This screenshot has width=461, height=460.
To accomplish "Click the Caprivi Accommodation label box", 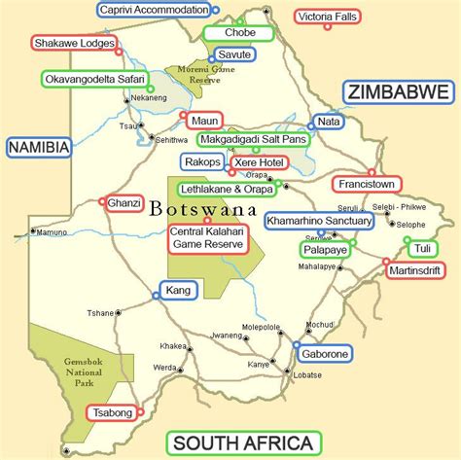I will pos(155,11).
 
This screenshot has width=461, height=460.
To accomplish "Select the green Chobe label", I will pos(238,33).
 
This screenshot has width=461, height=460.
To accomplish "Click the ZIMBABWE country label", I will pos(398,93).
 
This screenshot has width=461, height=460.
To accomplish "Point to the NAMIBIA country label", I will pos(39,147).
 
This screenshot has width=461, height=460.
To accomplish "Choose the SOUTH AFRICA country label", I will pos(242,443).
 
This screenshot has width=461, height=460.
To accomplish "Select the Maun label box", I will pos(204,121).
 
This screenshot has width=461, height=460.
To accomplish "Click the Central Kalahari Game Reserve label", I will pos(206,237).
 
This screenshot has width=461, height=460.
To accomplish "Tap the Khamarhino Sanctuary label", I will pos(318,222).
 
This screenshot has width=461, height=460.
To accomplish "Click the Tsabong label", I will pos(110,413).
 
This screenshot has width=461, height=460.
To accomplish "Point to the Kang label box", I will pos(179,290).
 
